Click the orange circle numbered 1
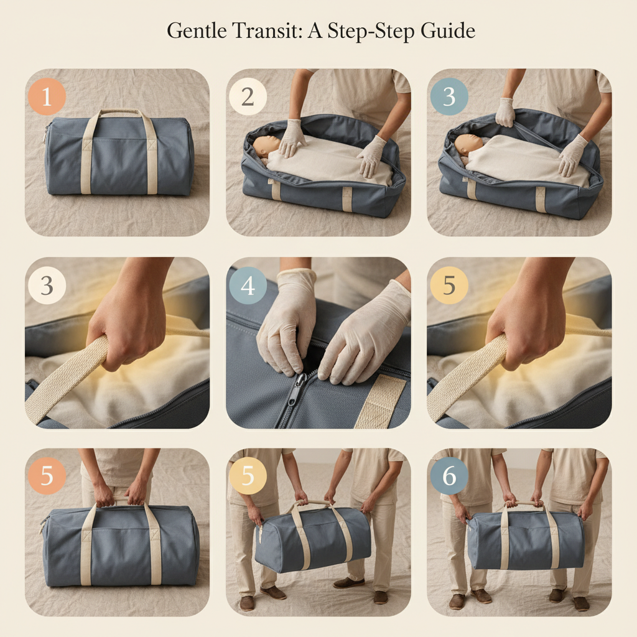click(x=47, y=97)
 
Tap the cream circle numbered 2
click(x=248, y=97)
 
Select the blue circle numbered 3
click(x=449, y=97)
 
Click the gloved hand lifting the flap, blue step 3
click(x=505, y=112)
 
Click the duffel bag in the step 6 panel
click(x=526, y=539)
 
